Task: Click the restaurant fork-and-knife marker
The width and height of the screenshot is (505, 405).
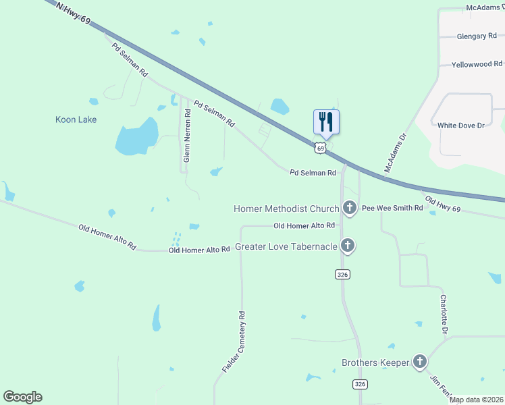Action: (x=326, y=122)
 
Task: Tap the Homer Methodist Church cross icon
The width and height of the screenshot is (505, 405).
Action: (x=350, y=208)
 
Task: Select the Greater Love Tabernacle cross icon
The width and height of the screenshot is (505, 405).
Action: (x=347, y=246)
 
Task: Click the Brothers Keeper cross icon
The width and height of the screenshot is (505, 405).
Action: (x=420, y=362)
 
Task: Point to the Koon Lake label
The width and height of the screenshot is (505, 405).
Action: (x=76, y=119)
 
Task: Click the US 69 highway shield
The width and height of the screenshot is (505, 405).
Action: (x=321, y=147)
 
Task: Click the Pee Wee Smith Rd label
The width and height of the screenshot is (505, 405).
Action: (x=392, y=209)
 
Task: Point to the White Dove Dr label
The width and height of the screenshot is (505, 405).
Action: (x=461, y=126)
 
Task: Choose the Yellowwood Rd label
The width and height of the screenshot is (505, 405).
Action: (x=473, y=64)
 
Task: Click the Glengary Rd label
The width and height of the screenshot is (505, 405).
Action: (x=477, y=36)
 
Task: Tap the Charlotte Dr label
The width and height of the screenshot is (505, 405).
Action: (x=444, y=314)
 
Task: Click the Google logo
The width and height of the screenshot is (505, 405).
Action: (x=22, y=397)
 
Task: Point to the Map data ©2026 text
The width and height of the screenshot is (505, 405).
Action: (x=477, y=400)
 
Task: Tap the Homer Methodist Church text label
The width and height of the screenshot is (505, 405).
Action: (x=286, y=209)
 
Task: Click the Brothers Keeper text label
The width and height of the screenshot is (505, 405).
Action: (x=375, y=362)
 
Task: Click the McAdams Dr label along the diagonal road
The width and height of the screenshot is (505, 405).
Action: (x=396, y=153)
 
